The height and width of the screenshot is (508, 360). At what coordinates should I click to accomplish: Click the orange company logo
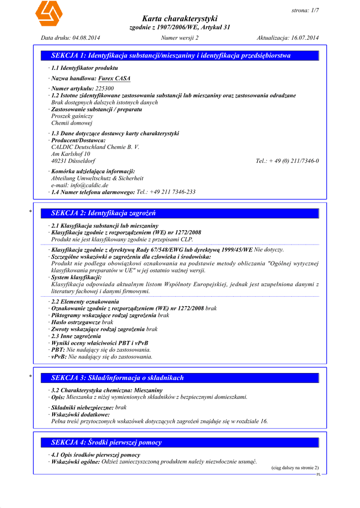coord(49,14)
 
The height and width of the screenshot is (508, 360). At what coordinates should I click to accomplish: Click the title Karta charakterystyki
coord(180,18)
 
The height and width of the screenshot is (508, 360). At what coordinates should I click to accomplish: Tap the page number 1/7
coord(311,10)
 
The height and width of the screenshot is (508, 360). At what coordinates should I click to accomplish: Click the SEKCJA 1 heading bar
coord(184,56)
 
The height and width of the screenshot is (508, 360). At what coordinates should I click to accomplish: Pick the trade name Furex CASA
coord(114,78)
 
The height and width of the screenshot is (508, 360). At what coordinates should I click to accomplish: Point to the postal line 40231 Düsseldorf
coord(73,161)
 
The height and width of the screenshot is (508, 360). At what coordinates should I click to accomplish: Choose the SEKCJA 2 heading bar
coord(184,213)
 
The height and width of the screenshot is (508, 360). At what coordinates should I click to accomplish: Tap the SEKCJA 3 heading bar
coord(184,378)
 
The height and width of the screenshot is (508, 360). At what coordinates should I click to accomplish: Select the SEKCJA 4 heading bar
coord(184,442)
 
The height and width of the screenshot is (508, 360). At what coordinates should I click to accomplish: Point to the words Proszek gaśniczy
coord(72,116)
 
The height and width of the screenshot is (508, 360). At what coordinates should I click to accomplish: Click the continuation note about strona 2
coord(295,467)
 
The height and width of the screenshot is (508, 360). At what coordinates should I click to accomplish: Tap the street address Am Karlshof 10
coord(71,154)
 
